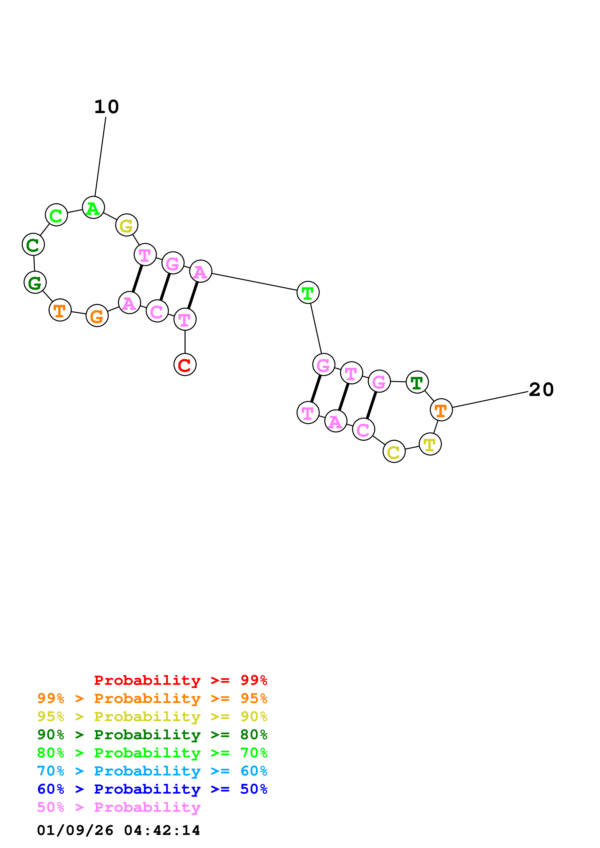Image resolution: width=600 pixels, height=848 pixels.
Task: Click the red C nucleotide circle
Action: pos(185,365)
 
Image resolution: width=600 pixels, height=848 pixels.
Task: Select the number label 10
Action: pos(106,107)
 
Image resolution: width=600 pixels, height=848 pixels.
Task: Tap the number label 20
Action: pos(541,390)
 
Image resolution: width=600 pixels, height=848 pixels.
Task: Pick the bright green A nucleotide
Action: pos(93,208)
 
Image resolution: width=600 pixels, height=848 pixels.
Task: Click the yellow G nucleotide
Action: pos(126,225)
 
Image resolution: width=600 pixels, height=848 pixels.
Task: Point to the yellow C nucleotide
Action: pos(394,451)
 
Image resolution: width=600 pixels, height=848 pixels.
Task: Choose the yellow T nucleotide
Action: pos(430,444)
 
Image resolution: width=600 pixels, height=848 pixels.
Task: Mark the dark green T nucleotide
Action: pos(417,382)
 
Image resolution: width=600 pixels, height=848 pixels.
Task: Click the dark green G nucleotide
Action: pos(35,283)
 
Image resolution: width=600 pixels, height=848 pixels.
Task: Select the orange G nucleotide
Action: pos(97,316)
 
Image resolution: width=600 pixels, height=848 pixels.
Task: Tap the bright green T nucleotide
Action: pos(308,292)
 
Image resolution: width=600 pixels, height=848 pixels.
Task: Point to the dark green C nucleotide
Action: pos(33,244)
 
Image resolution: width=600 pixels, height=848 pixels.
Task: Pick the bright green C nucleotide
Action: pos(56,215)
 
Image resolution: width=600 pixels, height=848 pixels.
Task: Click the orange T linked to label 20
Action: pos(441,410)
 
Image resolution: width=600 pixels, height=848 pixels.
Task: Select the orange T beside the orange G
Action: pos(60,310)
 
